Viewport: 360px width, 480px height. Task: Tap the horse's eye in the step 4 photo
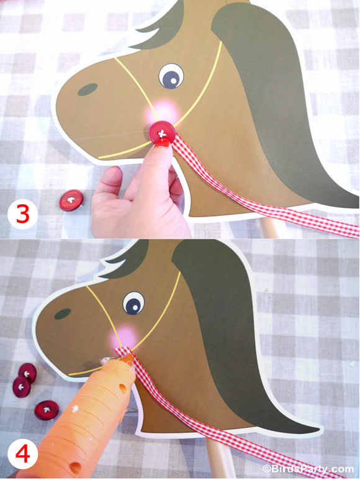pyautogui.click(x=133, y=303)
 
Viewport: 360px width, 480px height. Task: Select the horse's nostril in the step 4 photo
pyautogui.click(x=62, y=314)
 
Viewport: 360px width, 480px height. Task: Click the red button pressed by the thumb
pyautogui.click(x=161, y=132)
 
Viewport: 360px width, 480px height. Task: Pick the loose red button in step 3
pyautogui.click(x=71, y=200)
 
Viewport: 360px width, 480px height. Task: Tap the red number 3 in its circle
pyautogui.click(x=22, y=214)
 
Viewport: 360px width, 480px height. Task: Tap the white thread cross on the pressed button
pyautogui.click(x=163, y=131)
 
